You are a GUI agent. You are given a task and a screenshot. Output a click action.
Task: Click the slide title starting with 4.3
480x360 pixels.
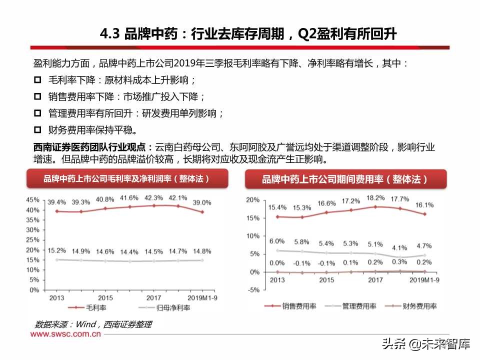coord(248,34)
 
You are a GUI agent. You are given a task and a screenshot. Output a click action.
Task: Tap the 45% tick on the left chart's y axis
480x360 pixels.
coord(33,199)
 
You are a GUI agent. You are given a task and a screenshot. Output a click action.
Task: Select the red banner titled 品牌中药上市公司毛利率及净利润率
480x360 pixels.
coord(126,178)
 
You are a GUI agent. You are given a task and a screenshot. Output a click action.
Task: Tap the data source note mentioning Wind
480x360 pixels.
coord(93,324)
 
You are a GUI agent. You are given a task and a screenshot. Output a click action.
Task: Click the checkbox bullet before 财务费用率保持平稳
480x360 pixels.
coord(37,130)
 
